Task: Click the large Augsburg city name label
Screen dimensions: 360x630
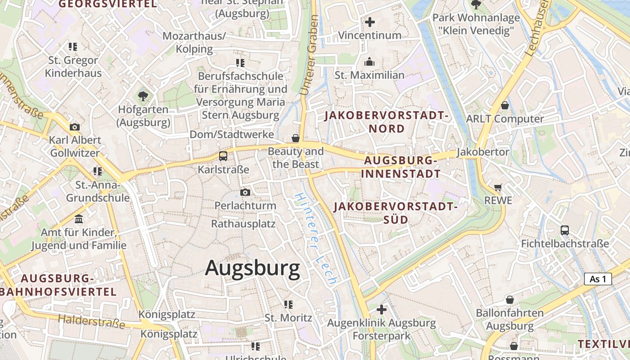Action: tap(252, 268)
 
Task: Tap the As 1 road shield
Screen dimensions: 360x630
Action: tap(598, 279)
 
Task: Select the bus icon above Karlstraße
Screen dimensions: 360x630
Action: tap(223, 156)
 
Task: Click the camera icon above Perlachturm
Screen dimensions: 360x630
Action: tap(245, 193)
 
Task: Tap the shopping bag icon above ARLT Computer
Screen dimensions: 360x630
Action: tap(505, 105)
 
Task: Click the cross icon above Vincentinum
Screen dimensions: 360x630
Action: tap(370, 22)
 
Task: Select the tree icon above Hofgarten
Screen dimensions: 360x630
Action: tap(143, 96)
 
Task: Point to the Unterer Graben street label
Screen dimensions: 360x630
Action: tap(309, 55)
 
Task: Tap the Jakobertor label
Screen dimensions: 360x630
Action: tap(483, 152)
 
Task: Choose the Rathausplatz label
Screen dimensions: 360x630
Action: tap(243, 224)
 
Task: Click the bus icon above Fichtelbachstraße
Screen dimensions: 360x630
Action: tap(565, 230)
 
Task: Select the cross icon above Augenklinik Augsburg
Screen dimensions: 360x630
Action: tap(382, 310)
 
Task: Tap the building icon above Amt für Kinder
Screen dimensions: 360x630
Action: tap(79, 219)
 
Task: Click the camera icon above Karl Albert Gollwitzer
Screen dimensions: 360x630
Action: tap(75, 127)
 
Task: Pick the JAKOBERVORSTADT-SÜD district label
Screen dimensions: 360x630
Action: tap(396, 213)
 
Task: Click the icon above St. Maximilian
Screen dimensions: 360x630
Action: tap(369, 62)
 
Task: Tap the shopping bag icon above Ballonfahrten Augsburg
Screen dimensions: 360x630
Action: tap(509, 299)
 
